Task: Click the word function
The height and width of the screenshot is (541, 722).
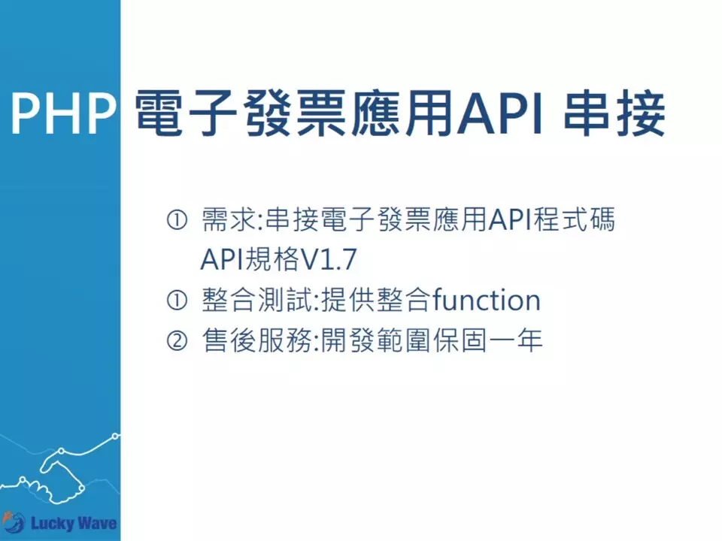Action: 486,301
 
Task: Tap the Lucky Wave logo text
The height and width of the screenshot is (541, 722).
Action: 73,521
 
